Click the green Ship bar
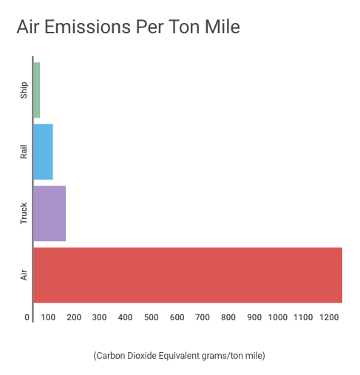(37, 90)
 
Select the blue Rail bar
(43, 152)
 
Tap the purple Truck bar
(50, 214)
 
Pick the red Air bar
(188, 275)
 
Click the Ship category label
(24, 90)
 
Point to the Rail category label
(24, 152)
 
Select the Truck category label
(24, 214)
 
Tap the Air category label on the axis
(24, 275)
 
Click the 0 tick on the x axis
(27, 317)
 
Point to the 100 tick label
(48, 317)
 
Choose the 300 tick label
(99, 317)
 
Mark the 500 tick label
(151, 317)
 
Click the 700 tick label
(203, 317)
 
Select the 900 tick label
(254, 317)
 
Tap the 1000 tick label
(278, 317)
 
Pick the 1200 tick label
(329, 317)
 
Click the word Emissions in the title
(88, 27)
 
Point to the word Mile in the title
(223, 27)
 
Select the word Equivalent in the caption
(179, 357)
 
